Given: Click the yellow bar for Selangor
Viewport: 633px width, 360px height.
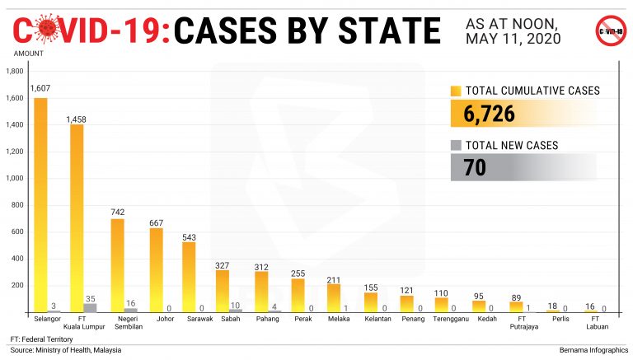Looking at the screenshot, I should [40, 206].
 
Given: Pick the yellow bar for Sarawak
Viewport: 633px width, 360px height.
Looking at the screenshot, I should [189, 277].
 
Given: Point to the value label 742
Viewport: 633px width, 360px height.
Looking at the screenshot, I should [118, 212].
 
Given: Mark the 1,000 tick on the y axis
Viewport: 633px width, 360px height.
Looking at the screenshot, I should [16, 179].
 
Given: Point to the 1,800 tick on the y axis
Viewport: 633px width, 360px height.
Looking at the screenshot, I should [16, 72].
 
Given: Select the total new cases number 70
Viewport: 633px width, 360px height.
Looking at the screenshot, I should [475, 167].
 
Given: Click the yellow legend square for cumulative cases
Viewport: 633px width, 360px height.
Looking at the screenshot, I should [456, 91].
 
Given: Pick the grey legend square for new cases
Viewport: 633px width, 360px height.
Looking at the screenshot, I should [456, 145].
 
